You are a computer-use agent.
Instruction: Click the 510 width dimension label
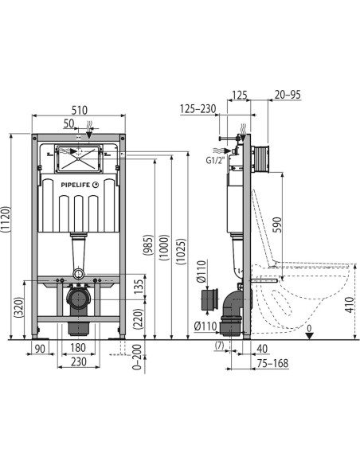point(80,111)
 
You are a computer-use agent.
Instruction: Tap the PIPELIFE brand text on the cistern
point(76,185)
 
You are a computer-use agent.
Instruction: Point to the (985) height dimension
point(148,244)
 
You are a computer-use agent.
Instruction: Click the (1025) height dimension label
point(181,251)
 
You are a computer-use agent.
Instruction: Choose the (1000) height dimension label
point(164,248)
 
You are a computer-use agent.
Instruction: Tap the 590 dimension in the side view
point(276,225)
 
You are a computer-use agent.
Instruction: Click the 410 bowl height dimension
point(350,304)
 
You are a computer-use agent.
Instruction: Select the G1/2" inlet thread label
point(216,160)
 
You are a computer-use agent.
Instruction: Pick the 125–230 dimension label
point(198,109)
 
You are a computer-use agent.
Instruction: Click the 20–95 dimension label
point(288,95)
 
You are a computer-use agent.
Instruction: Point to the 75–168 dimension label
point(273,363)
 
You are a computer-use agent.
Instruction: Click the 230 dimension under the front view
point(79,361)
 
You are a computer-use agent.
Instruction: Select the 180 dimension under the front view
point(78,348)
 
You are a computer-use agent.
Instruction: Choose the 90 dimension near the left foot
point(40,349)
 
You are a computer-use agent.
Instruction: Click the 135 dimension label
point(139,287)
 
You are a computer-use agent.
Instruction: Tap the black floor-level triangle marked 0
point(310,336)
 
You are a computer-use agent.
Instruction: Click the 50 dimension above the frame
point(68,123)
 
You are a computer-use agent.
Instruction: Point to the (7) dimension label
point(219,346)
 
